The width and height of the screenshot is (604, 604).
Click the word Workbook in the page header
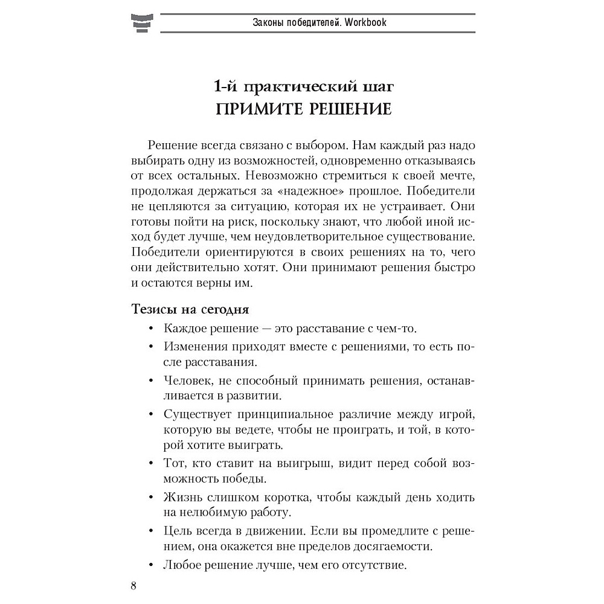pyautogui.click(x=361, y=23)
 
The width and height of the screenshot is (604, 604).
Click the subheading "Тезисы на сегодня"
pyautogui.click(x=190, y=309)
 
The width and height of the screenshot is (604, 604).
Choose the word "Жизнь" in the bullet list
pyautogui.click(x=180, y=498)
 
